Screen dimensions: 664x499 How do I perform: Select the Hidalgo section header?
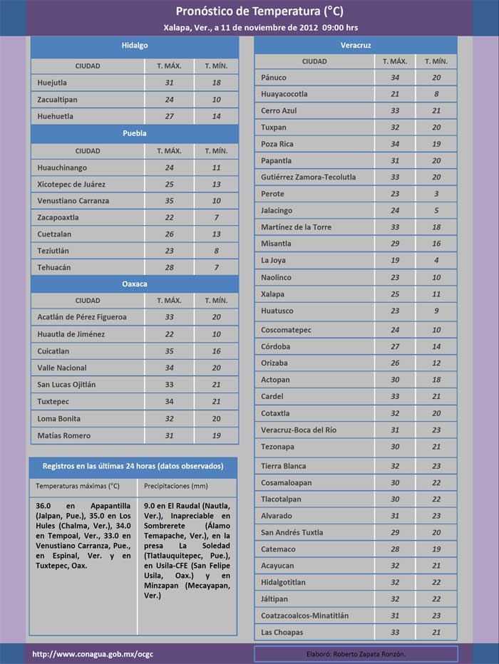(x=134, y=45)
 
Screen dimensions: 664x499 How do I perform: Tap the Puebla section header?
(x=134, y=133)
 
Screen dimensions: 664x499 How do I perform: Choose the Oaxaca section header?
(x=134, y=284)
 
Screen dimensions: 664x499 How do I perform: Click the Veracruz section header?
(x=355, y=46)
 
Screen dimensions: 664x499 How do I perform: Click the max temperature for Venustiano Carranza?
(x=169, y=201)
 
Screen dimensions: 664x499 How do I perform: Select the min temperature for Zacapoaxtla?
(x=216, y=217)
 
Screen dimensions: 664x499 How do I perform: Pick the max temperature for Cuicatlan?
(x=169, y=351)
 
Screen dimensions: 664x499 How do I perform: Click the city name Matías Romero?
(x=64, y=435)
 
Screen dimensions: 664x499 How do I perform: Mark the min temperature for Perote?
(x=436, y=194)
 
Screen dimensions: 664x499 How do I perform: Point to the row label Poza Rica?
(x=277, y=144)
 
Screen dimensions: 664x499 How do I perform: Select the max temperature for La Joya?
(x=395, y=261)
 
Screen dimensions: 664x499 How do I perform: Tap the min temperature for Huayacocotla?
(x=436, y=94)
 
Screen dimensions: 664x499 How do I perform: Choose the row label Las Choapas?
(x=282, y=633)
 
